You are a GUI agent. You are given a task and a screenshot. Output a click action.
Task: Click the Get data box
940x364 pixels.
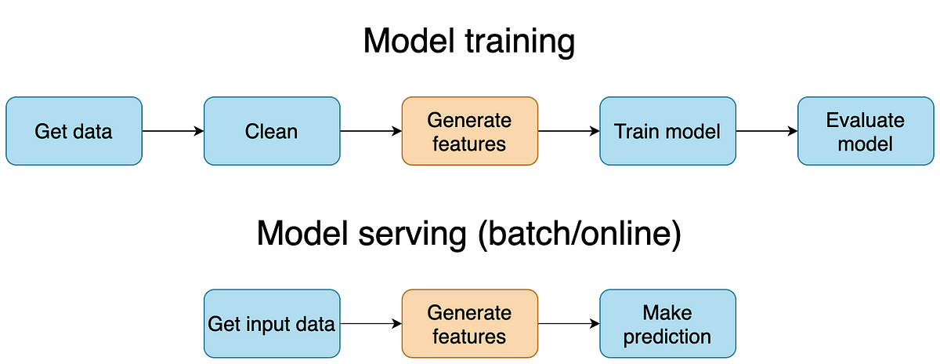click(x=74, y=131)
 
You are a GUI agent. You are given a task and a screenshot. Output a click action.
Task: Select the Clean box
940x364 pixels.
click(x=272, y=131)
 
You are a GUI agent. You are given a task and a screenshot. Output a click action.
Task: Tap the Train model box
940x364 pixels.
click(x=667, y=131)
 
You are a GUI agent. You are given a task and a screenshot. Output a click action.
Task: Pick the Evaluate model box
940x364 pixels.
click(x=866, y=131)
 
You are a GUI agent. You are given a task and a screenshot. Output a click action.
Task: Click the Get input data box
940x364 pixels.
click(x=272, y=324)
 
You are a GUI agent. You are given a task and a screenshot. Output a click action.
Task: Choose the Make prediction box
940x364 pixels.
click(x=667, y=324)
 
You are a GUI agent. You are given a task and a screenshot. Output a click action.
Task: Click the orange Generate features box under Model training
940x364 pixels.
click(x=470, y=131)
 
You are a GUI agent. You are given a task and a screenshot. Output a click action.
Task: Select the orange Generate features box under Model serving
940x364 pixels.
click(x=470, y=324)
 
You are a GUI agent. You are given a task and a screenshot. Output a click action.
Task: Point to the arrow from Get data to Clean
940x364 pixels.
click(x=173, y=131)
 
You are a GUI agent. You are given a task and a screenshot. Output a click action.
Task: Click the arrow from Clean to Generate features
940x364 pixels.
click(x=371, y=131)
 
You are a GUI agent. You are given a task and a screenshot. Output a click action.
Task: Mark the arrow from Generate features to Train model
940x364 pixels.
click(x=569, y=131)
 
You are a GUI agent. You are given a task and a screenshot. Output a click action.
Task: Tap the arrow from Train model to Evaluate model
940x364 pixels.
click(x=767, y=131)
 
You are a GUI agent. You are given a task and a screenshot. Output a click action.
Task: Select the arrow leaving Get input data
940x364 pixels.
click(x=371, y=324)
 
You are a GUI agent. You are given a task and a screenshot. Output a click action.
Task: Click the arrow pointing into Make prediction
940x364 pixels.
click(x=569, y=324)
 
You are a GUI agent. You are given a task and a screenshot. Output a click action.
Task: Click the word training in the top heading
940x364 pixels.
click(x=520, y=42)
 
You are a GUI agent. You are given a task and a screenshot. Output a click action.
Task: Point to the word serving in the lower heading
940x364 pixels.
click(x=412, y=234)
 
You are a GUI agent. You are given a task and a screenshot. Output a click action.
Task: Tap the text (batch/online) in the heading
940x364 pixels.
click(x=580, y=234)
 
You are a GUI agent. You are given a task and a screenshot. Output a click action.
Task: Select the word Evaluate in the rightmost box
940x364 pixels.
click(x=866, y=120)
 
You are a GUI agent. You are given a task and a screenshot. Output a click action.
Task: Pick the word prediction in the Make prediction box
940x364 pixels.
click(x=667, y=337)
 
